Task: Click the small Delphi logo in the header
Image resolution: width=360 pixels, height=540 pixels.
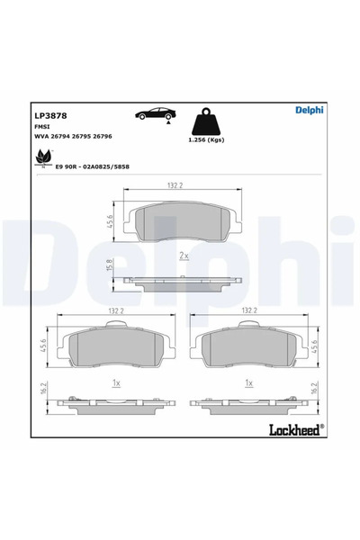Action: (x=310, y=110)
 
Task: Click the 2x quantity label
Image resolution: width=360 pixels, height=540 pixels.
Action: (x=184, y=256)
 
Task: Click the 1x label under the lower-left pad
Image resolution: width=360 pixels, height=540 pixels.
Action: (x=115, y=382)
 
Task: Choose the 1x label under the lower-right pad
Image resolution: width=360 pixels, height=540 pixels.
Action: (x=249, y=382)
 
